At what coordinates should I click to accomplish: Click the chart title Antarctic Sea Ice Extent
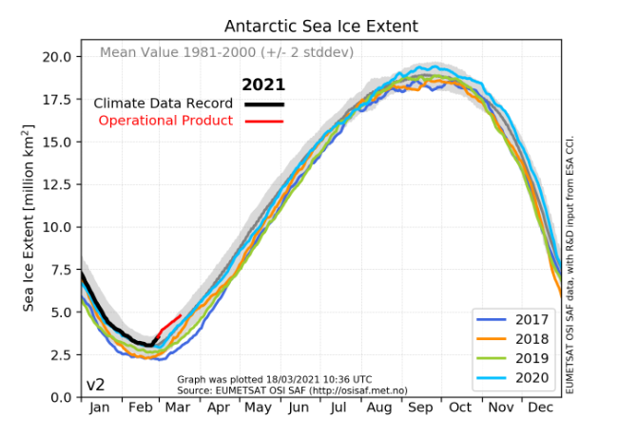320,26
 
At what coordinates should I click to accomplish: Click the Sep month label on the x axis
419,408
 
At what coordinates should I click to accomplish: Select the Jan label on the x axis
98,408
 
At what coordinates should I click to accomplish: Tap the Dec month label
540,408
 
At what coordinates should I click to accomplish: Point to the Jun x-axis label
299,408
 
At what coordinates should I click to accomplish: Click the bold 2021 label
263,85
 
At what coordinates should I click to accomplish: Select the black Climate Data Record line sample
263,103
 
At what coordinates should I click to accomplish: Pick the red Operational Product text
165,121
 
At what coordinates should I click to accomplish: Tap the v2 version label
96,385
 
